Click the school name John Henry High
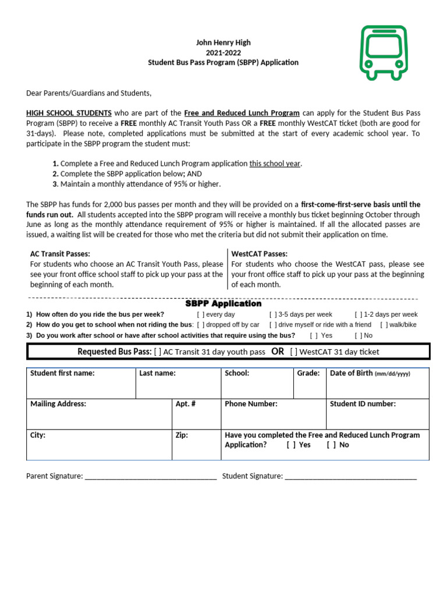[223, 42]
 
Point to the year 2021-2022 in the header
[223, 52]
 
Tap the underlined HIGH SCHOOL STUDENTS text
[69, 113]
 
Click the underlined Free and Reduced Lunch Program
[242, 113]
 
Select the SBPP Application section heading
[223, 304]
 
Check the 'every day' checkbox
[201, 315]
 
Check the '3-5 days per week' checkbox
[273, 315]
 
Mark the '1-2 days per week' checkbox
[359, 315]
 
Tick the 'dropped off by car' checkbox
[201, 325]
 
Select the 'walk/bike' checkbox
[384, 325]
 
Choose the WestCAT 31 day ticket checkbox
[294, 352]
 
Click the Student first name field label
[62, 373]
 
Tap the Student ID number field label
[363, 403]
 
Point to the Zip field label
[182, 435]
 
